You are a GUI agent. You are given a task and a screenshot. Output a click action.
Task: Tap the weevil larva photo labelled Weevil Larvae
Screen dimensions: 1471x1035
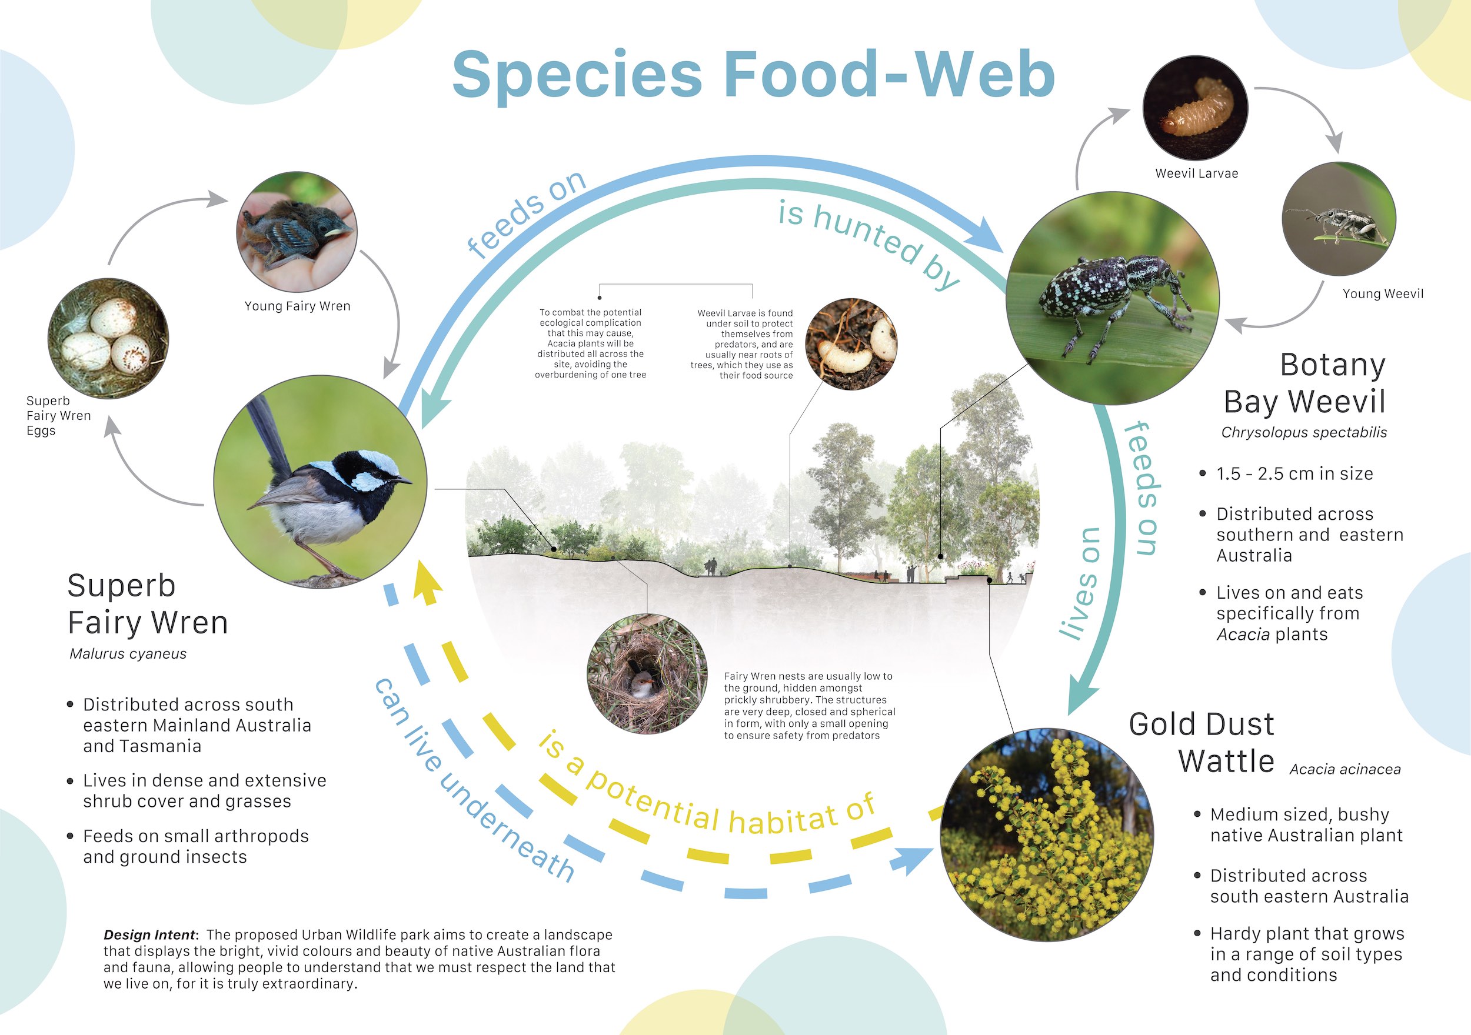click(x=1196, y=108)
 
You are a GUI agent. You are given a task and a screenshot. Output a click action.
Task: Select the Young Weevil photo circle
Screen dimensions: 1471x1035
click(x=1339, y=219)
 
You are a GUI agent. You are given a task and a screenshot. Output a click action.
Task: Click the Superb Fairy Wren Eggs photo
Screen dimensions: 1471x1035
click(x=108, y=338)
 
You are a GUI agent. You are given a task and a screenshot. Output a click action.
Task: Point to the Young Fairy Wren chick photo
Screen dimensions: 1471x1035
click(x=297, y=232)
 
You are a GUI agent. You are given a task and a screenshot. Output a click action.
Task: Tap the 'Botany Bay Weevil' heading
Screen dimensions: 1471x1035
click(x=1304, y=383)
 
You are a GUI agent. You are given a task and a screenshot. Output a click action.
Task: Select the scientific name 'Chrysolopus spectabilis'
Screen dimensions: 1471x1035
click(x=1304, y=432)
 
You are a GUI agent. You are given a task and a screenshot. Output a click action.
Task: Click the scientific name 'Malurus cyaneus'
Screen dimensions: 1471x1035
click(x=128, y=654)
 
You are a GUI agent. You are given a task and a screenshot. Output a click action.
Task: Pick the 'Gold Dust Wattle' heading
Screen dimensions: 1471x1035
click(x=1202, y=743)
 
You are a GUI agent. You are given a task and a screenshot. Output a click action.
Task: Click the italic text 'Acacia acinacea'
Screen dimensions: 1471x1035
click(x=1344, y=769)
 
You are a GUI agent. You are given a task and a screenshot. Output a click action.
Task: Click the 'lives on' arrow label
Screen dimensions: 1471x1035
click(x=1080, y=584)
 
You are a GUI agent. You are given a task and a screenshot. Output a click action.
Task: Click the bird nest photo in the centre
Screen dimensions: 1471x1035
click(x=647, y=674)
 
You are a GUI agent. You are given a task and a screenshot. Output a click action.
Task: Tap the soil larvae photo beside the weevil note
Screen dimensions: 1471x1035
click(x=851, y=344)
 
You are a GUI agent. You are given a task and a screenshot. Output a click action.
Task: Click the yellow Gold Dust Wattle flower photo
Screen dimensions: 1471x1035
click(x=1047, y=834)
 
